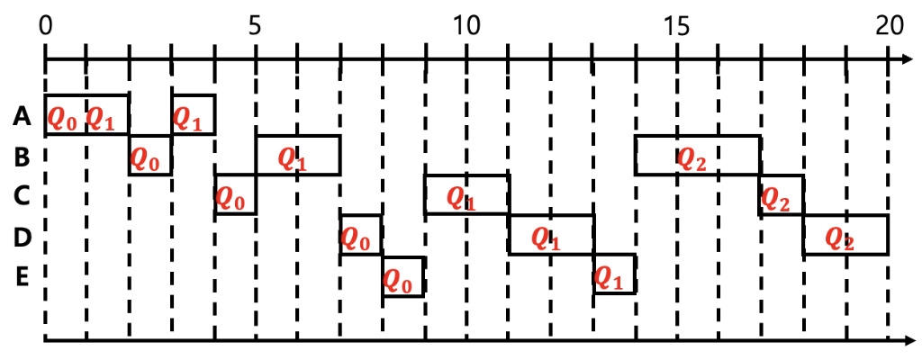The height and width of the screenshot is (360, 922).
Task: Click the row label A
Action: point(23,116)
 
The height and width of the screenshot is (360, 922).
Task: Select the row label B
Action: point(23,157)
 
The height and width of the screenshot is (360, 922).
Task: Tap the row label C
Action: point(23,196)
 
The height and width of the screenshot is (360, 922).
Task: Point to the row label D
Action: point(23,237)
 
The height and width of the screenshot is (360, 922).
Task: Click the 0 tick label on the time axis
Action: point(45,25)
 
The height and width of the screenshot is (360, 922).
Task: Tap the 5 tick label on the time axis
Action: point(256,25)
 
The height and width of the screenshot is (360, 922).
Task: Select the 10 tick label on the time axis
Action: point(466,25)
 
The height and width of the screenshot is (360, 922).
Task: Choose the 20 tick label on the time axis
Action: point(888,25)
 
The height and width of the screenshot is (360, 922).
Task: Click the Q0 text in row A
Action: point(63,117)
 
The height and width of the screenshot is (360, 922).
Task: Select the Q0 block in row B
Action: point(150,156)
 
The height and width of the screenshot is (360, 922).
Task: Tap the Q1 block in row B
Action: point(298,156)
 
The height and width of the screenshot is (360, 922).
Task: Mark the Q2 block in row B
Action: point(698,156)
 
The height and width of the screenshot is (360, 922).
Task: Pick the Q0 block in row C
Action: point(235,195)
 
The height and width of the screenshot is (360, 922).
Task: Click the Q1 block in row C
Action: point(466,194)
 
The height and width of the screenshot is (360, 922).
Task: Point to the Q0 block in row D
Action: point(361,235)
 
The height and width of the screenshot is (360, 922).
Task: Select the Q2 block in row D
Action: point(845,235)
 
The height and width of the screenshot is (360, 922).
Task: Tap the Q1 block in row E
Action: point(614,274)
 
